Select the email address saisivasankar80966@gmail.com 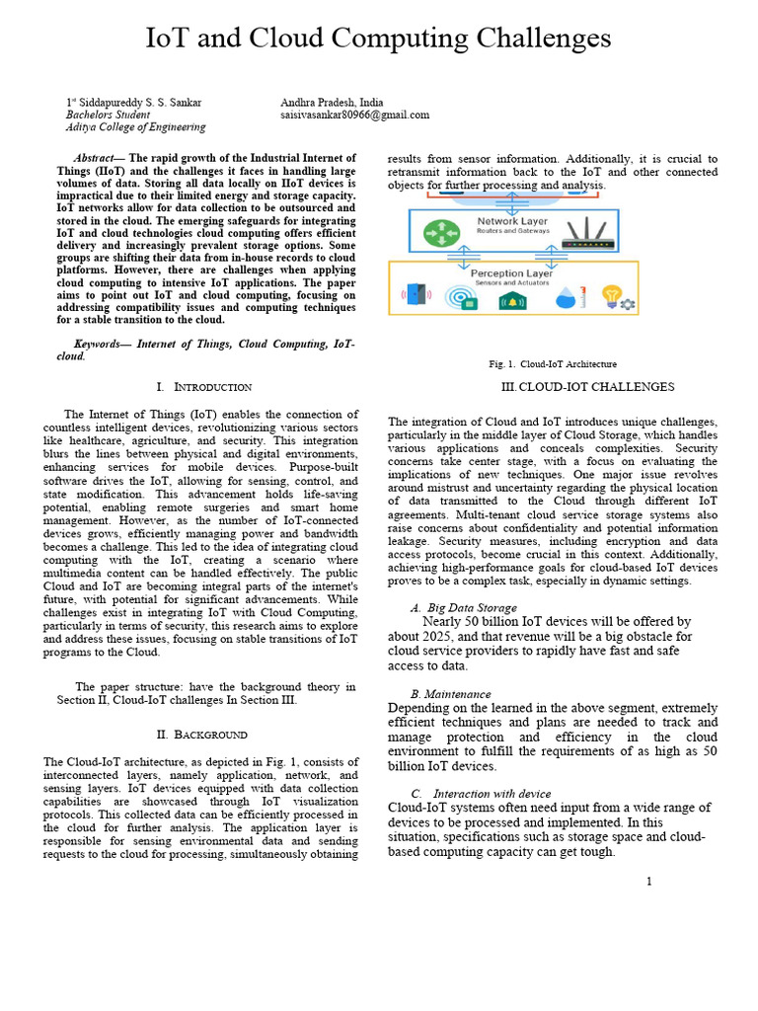tap(354, 115)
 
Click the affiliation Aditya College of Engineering tap(135, 127)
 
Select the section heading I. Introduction tap(203, 387)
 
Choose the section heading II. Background tap(202, 735)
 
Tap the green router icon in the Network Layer tap(436, 233)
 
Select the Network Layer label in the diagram tap(512, 222)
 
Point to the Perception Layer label tap(511, 273)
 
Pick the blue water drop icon tap(568, 297)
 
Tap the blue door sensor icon tap(416, 296)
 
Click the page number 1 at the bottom tap(648, 881)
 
